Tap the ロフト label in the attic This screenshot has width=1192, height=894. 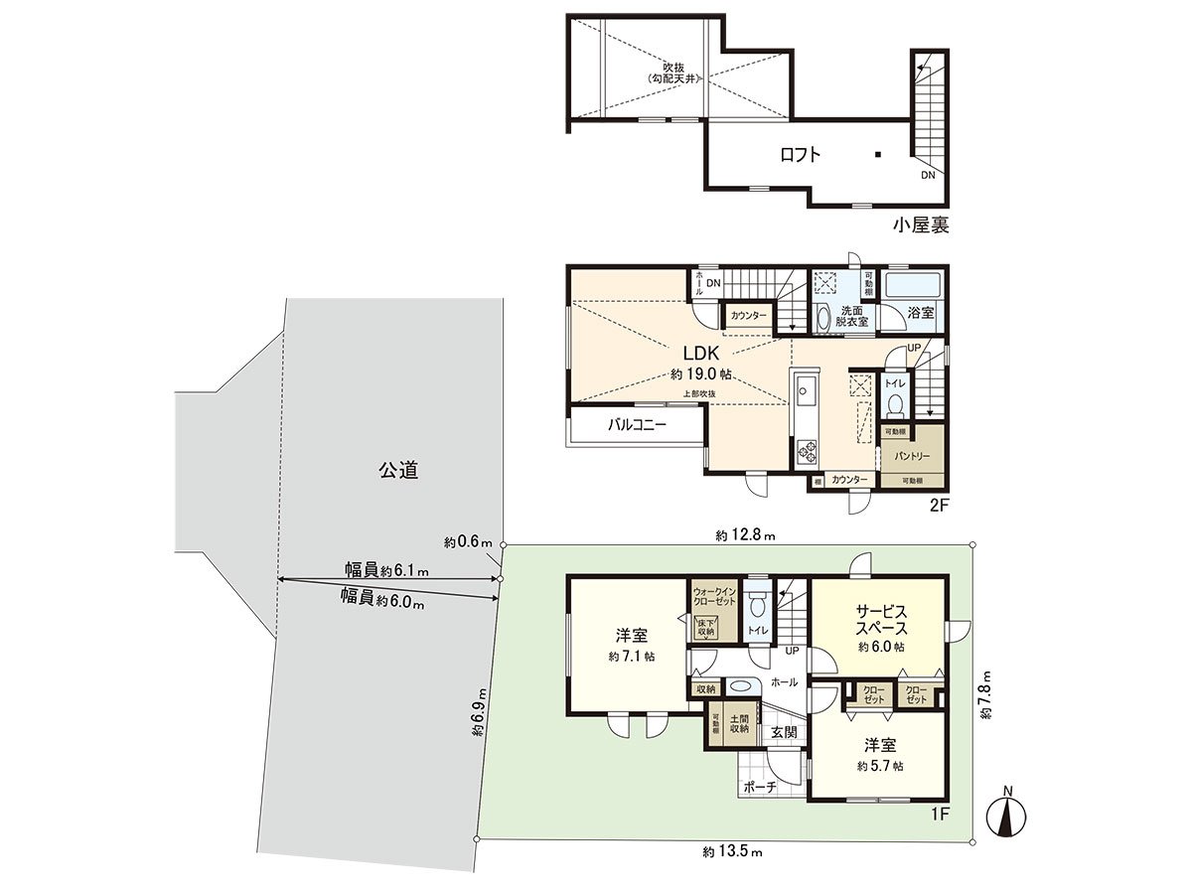coord(800,154)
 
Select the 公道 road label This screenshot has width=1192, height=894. coord(397,471)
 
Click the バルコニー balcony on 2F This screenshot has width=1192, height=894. coord(637,426)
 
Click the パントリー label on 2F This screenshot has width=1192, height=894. coord(911,457)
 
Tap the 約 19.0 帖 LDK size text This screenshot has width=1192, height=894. coord(701,374)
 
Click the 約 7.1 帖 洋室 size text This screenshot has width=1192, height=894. coord(633,657)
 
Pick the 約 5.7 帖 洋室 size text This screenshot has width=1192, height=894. coord(881,766)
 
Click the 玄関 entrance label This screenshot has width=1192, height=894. coord(784,732)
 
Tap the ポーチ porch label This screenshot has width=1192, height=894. coord(759,785)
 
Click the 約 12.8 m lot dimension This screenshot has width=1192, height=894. coord(745,535)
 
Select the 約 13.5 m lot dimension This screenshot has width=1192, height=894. coord(732,851)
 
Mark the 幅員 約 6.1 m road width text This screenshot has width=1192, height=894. coord(386,570)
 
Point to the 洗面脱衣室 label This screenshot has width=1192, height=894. coord(850,316)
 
